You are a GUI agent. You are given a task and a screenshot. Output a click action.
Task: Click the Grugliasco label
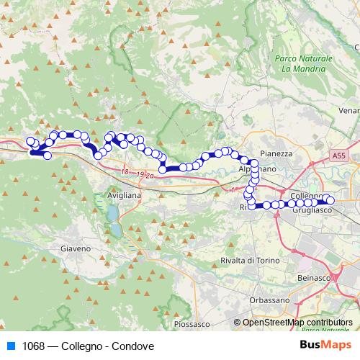tap(311, 209)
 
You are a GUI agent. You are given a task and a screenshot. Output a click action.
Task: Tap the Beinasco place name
tap(312, 277)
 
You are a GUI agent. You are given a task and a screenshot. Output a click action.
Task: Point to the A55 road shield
tap(339, 155)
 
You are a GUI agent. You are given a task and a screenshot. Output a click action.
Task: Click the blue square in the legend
tap(11, 346)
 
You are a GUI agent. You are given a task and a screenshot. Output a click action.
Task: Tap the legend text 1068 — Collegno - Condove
tap(89, 346)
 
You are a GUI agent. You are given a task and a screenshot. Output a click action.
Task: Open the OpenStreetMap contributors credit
tap(297, 323)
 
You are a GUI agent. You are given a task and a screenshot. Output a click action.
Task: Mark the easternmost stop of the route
tap(330, 200)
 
